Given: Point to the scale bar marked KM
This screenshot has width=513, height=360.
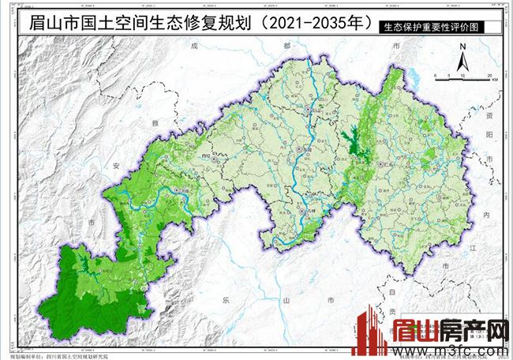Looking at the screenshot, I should point(466,76).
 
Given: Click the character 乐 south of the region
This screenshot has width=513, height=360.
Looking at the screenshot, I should point(226,301).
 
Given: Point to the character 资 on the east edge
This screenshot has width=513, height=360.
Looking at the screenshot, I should point(489,115).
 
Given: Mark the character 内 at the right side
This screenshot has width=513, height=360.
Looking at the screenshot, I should point(488,215).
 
